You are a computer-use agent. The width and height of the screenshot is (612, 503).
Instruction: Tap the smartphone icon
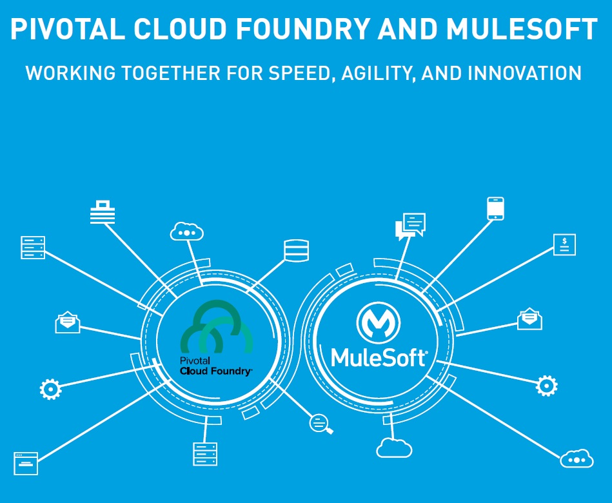click(495, 209)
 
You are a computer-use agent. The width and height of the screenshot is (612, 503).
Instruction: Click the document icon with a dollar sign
click(564, 245)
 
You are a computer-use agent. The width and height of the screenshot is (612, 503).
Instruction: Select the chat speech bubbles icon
click(411, 226)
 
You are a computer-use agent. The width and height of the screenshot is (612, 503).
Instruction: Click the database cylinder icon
click(296, 250)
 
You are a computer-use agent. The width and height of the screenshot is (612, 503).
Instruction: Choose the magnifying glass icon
click(321, 424)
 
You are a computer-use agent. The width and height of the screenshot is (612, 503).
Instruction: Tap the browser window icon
click(26, 462)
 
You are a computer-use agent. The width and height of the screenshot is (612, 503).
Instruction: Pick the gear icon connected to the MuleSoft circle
click(547, 386)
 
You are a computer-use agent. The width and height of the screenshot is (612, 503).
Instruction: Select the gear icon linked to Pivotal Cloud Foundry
click(50, 389)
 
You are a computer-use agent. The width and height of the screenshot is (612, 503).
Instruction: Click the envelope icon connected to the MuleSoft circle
click(529, 319)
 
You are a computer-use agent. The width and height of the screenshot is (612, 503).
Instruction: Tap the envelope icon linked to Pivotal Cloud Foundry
click(68, 322)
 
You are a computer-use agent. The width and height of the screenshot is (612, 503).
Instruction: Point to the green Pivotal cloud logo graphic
click(216, 328)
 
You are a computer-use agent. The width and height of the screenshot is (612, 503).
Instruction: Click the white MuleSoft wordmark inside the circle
click(379, 357)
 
